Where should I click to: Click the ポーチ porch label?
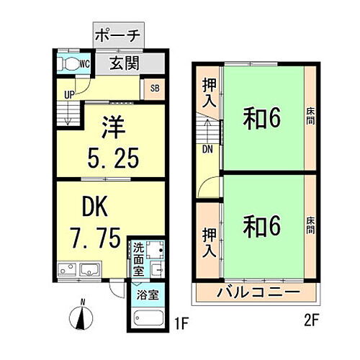pos(119,35)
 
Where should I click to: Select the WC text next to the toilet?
pos(84,63)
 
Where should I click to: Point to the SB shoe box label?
pos(154,90)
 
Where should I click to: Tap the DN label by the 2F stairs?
pos(207,150)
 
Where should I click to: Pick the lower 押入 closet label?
pos(207,242)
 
